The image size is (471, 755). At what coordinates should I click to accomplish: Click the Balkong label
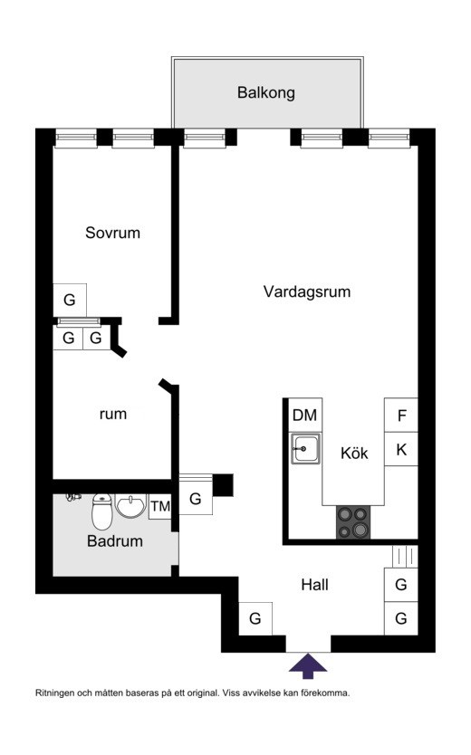click(265, 92)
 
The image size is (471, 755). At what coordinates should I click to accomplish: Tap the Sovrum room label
click(112, 233)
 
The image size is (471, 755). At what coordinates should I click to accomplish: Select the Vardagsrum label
click(307, 291)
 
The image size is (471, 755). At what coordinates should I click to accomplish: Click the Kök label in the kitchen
click(354, 454)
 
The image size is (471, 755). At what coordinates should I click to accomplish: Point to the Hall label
click(315, 585)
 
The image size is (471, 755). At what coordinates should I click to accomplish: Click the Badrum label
click(115, 541)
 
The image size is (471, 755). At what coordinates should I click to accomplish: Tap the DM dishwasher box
click(305, 415)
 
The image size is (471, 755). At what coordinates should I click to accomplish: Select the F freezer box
click(400, 415)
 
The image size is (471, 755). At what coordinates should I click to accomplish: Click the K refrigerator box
click(400, 449)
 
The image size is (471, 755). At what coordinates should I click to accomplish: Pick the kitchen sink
click(305, 448)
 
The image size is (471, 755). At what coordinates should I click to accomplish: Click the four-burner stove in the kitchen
click(353, 522)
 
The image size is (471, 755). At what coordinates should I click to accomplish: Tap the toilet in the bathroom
click(101, 511)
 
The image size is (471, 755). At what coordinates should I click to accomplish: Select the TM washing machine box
click(160, 507)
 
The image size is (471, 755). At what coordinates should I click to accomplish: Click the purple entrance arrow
click(308, 665)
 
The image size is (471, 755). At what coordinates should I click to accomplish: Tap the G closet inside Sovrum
click(70, 300)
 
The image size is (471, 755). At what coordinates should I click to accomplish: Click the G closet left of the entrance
click(255, 618)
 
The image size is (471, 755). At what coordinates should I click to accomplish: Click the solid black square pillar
click(223, 485)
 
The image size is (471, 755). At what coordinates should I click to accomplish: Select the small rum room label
click(113, 414)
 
